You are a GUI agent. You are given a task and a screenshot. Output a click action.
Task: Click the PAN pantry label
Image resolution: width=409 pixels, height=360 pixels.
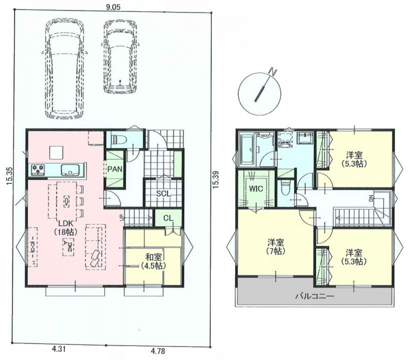click(115, 169)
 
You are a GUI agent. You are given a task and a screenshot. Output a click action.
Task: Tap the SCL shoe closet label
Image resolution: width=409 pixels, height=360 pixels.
click(164, 194)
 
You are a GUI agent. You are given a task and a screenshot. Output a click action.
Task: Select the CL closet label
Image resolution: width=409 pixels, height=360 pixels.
click(168, 218)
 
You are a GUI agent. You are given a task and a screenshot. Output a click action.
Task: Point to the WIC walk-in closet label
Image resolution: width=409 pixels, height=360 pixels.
click(256, 188)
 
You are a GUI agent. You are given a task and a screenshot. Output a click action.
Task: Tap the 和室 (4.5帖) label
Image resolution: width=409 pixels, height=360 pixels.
click(154, 261)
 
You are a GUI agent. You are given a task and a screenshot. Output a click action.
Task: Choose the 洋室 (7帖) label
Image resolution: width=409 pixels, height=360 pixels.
click(276, 247)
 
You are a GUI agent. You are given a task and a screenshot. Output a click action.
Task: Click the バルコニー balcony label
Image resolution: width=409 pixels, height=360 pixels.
click(315, 296)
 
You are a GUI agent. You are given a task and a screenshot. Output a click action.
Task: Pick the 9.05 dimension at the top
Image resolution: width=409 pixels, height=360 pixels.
click(113, 7)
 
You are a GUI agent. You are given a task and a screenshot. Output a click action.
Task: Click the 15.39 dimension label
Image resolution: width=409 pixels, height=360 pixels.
click(215, 180)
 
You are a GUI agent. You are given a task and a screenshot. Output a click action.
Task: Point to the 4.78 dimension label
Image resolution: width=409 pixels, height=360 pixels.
click(158, 351)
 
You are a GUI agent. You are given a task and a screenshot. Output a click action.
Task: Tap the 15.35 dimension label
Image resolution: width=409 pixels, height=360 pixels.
click(9, 176)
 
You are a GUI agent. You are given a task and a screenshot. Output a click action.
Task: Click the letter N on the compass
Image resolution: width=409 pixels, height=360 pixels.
click(273, 72)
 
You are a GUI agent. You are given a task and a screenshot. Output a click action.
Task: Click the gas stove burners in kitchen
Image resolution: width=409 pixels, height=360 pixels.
click(38, 169)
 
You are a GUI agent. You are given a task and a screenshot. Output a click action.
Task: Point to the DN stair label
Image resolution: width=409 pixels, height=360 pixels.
click(371, 199)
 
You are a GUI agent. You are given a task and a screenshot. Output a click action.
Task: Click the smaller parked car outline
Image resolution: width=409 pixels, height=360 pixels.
click(120, 57)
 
